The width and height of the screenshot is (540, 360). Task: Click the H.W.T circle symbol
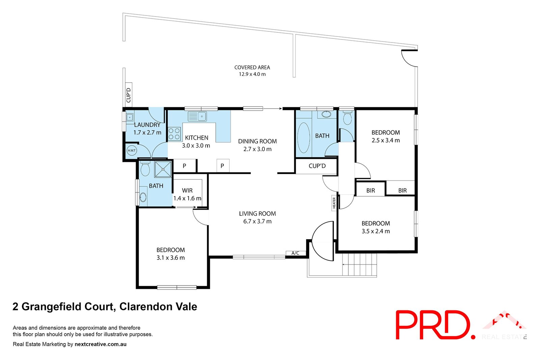(x=132, y=150)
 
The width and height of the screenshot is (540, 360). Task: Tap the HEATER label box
(x=334, y=203)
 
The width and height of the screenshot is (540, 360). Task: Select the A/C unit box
(x=295, y=253)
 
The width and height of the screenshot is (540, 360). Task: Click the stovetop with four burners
(x=174, y=134)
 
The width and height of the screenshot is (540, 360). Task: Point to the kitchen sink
(x=197, y=117)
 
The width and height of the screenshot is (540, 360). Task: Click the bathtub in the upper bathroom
(x=303, y=138)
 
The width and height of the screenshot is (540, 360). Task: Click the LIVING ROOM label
(x=257, y=214)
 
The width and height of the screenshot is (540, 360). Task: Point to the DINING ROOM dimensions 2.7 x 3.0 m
(x=257, y=149)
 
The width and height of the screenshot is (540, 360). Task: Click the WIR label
(x=187, y=191)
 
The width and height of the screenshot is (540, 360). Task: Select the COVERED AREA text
(x=252, y=67)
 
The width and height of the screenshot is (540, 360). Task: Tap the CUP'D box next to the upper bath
(x=317, y=166)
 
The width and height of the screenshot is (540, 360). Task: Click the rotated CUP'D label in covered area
(x=129, y=95)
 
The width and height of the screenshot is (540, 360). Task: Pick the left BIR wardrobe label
(x=371, y=191)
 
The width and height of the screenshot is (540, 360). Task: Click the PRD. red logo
(x=434, y=325)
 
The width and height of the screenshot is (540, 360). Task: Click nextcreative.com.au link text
(x=101, y=344)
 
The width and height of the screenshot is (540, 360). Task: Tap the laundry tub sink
(x=130, y=117)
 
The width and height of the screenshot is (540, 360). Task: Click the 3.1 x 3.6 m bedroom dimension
(x=170, y=258)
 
